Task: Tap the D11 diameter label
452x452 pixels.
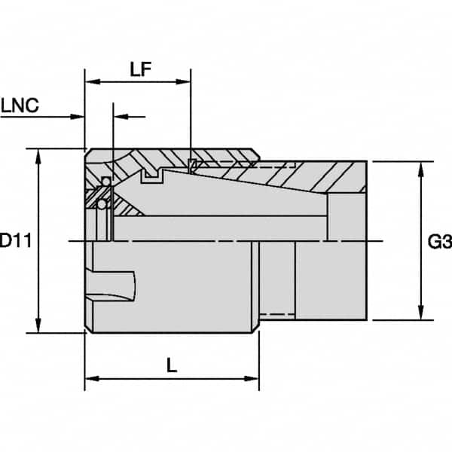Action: click(14, 241)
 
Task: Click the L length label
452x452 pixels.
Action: click(172, 366)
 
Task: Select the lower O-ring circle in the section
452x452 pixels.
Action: click(101, 204)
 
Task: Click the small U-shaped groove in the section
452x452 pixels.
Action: click(153, 177)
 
